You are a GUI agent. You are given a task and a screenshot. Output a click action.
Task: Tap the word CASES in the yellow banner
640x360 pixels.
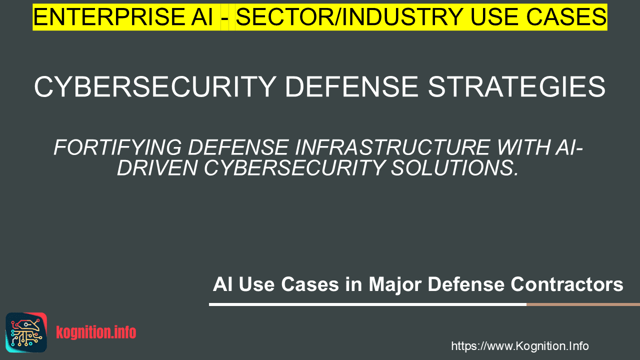point(566,17)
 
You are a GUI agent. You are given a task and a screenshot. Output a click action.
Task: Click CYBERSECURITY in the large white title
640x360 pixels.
point(155,86)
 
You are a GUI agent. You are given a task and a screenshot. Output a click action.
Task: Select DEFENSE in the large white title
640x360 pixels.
point(351,86)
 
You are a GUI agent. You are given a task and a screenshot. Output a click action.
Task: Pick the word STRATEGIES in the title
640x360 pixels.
point(516,86)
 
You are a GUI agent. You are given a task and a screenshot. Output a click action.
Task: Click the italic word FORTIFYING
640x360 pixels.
point(117,147)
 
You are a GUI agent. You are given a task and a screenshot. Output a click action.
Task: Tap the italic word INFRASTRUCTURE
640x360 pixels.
point(392,147)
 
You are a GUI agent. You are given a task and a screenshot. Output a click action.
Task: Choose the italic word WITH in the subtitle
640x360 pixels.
point(523,147)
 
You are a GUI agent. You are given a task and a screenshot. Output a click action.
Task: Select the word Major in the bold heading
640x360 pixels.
point(394,284)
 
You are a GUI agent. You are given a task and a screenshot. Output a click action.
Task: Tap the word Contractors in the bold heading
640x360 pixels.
point(567,284)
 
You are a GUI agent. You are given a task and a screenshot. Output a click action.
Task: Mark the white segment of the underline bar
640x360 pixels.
point(367,304)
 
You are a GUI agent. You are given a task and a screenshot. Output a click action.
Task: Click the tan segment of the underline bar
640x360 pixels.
point(583,304)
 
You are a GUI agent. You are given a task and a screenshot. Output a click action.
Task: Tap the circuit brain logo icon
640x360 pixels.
point(26,332)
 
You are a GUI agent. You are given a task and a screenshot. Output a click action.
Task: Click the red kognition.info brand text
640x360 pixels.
point(96,332)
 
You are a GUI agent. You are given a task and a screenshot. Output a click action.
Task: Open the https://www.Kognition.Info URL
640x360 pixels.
point(520,346)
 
